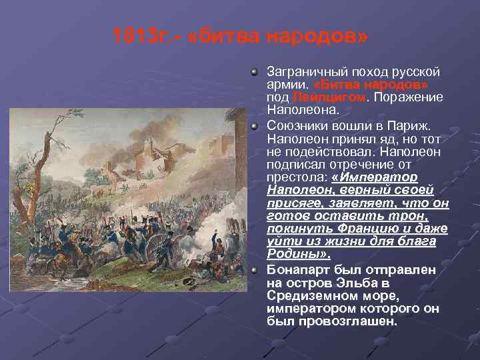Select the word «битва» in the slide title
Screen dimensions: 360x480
point(231,35)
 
